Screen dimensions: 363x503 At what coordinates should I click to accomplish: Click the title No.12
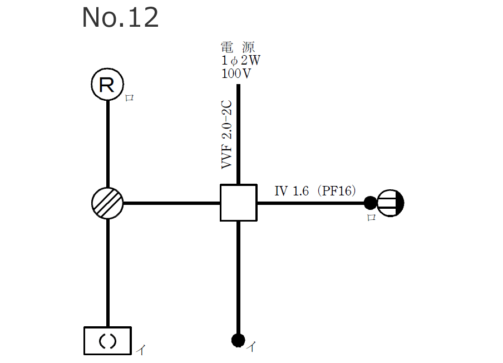[120, 18]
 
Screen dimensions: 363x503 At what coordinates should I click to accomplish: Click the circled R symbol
[107, 85]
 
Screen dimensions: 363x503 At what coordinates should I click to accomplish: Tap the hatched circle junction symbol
[107, 203]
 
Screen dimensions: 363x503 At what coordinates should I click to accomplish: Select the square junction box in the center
[238, 203]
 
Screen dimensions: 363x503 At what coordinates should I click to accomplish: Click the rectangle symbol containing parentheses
[107, 341]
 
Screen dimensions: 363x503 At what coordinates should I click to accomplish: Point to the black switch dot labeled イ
[238, 339]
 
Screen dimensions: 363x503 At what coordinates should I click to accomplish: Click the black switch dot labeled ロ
[369, 203]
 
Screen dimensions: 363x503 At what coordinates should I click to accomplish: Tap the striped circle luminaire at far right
[391, 203]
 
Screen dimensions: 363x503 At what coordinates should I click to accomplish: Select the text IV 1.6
[292, 191]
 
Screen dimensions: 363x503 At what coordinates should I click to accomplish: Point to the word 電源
[238, 47]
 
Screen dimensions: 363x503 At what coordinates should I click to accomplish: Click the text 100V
[235, 73]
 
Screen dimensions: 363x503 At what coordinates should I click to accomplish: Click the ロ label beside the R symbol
[129, 98]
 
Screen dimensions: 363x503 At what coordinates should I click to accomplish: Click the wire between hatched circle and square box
[171, 203]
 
